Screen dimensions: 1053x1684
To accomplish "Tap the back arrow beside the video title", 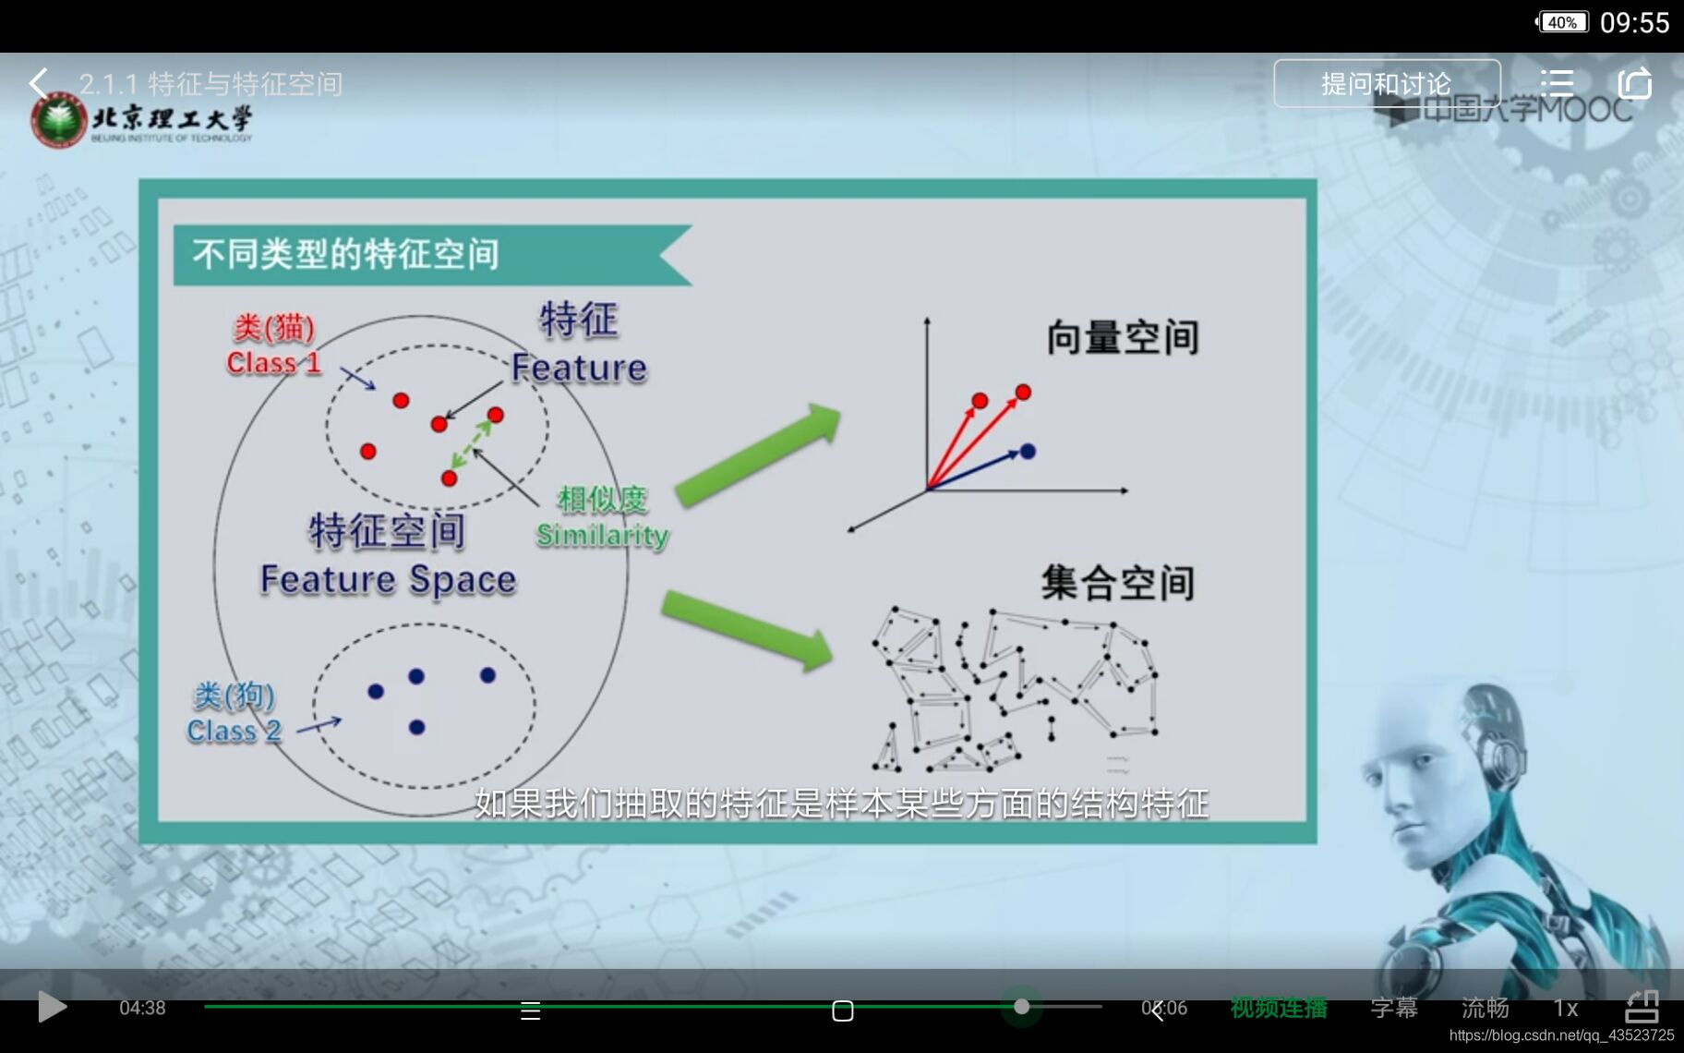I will pyautogui.click(x=38, y=83).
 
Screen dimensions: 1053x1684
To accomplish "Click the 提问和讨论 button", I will pyautogui.click(x=1386, y=84).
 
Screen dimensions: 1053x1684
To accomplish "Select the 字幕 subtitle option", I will pyautogui.click(x=1393, y=1008).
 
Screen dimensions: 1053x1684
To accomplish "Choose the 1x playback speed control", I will pyautogui.click(x=1565, y=1008).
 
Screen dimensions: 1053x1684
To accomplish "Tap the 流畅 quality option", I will pyautogui.click(x=1485, y=1008).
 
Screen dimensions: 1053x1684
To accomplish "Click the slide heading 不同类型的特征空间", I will pyautogui.click(x=345, y=254).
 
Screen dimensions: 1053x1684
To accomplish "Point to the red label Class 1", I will pyautogui.click(x=273, y=362).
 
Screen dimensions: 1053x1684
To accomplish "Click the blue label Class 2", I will pyautogui.click(x=234, y=731).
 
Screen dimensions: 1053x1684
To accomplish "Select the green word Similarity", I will pyautogui.click(x=602, y=535).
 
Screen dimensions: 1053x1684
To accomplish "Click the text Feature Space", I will pyautogui.click(x=388, y=579).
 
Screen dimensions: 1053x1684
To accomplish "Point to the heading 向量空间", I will pyautogui.click(x=1122, y=337).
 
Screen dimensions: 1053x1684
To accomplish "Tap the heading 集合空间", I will pyautogui.click(x=1117, y=583).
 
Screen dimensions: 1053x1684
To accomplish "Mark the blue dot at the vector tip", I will pyautogui.click(x=1028, y=451).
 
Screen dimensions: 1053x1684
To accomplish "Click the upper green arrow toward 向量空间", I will pyautogui.click(x=757, y=454).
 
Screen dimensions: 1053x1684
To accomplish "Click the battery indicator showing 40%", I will pyautogui.click(x=1561, y=22).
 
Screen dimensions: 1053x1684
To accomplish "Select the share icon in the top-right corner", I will pyautogui.click(x=1634, y=83).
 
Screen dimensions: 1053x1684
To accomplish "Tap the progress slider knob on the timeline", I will pyautogui.click(x=1021, y=1007).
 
